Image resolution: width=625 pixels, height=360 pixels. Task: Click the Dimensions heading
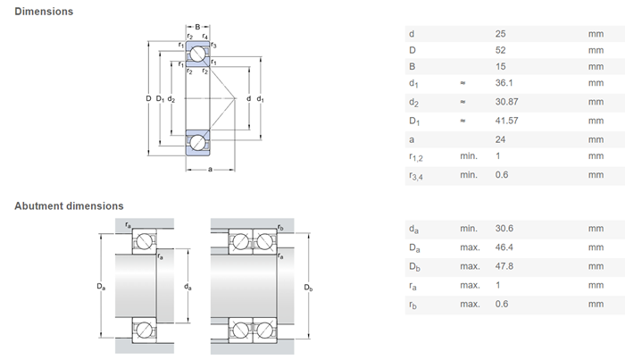click(x=44, y=12)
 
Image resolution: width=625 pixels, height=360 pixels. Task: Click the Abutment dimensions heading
click(x=69, y=206)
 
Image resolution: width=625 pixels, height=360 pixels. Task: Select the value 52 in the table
click(x=500, y=50)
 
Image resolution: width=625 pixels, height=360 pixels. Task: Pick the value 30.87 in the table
click(x=506, y=102)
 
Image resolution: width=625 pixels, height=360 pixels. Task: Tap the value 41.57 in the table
click(x=506, y=121)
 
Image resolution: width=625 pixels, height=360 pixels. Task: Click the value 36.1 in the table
click(x=504, y=84)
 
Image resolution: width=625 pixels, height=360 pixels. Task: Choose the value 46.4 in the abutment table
click(x=504, y=246)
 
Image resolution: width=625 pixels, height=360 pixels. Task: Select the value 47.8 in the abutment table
click(x=504, y=265)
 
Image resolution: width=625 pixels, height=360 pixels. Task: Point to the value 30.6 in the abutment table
click(x=504, y=229)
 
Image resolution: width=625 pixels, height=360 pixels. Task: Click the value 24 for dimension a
click(x=500, y=139)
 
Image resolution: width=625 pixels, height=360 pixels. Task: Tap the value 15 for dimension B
click(x=500, y=66)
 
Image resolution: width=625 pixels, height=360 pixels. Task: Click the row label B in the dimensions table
click(x=412, y=66)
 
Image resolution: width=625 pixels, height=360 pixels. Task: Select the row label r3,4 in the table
click(x=415, y=175)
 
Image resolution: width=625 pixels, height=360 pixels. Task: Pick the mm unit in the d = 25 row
click(x=596, y=34)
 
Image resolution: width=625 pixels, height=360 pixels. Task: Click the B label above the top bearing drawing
click(x=197, y=26)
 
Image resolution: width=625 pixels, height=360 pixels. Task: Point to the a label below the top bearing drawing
click(x=210, y=168)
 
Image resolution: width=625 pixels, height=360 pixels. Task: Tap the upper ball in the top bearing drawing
click(x=196, y=54)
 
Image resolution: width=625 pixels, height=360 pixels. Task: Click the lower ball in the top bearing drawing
click(x=196, y=142)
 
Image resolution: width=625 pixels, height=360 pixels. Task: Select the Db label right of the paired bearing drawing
click(x=308, y=288)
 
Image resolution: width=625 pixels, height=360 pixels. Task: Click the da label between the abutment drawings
click(x=187, y=288)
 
